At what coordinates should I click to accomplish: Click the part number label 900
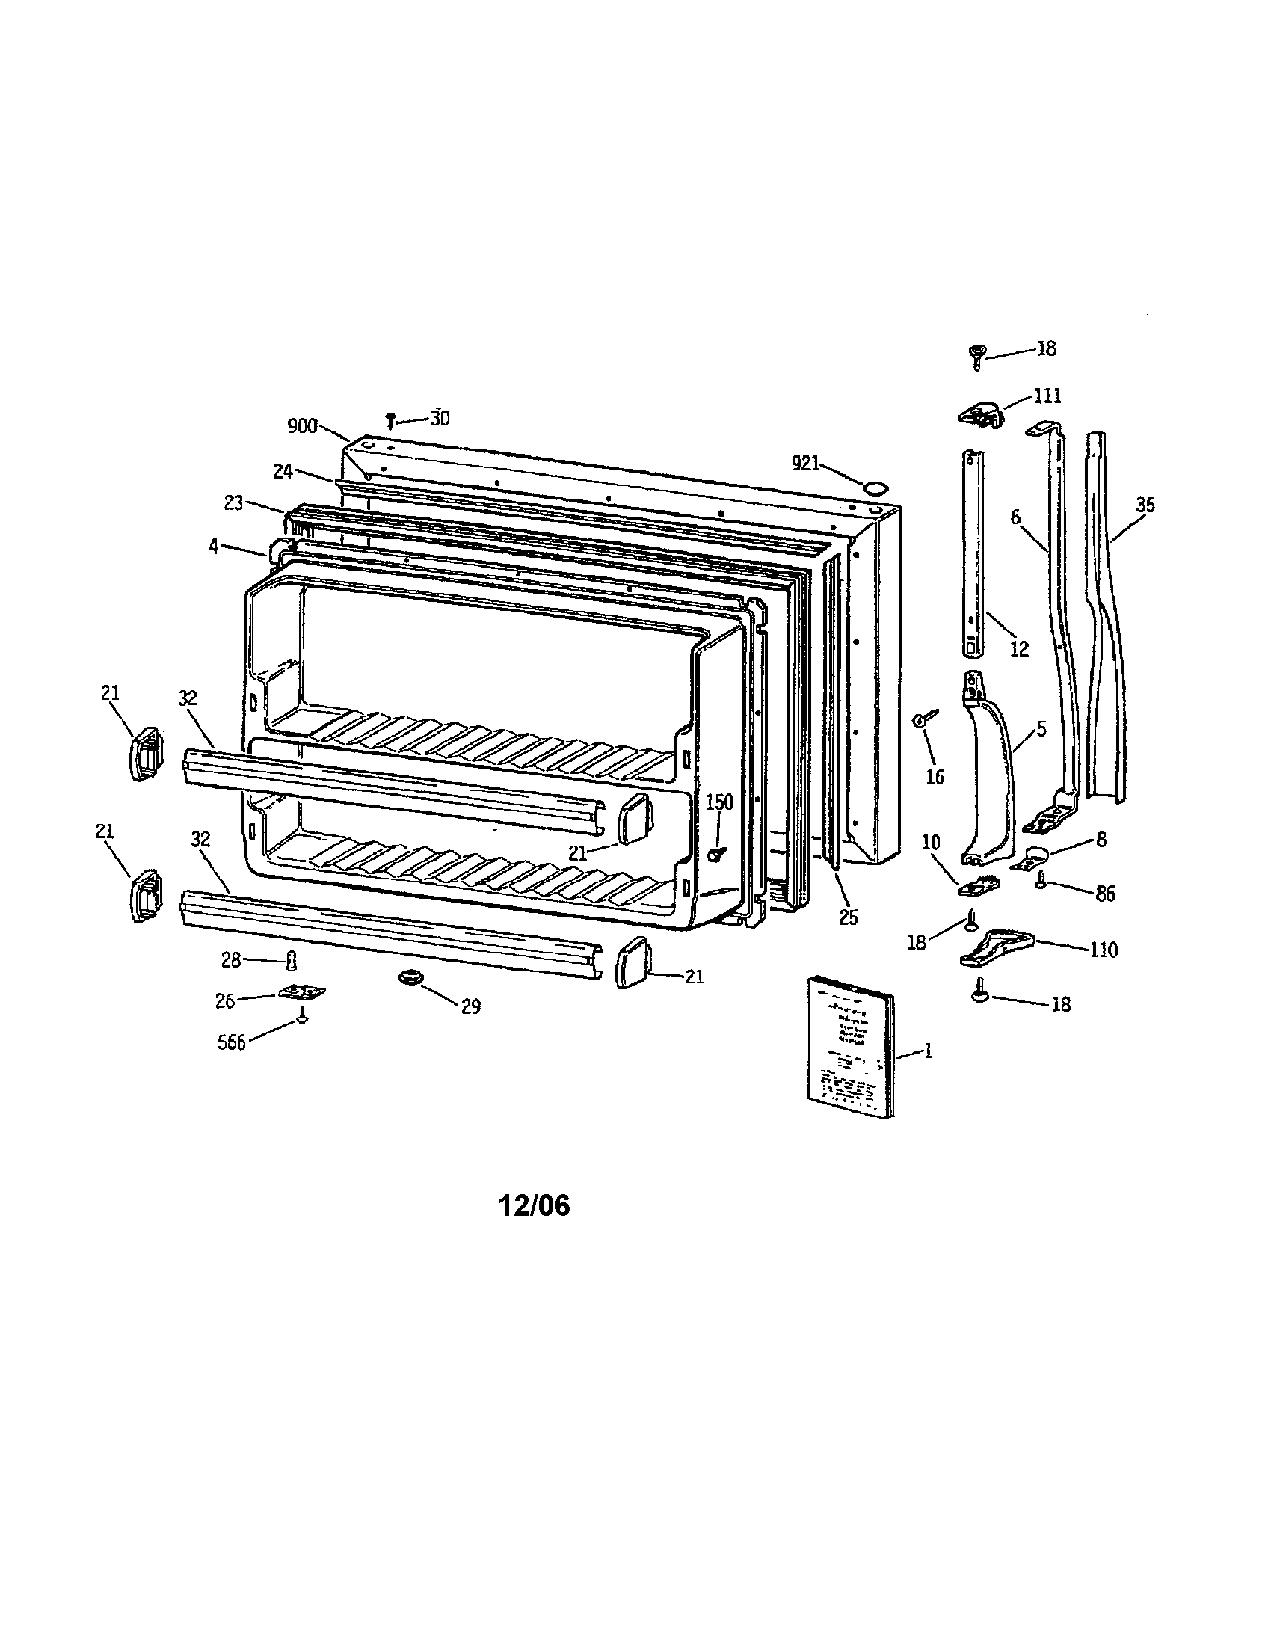tap(302, 426)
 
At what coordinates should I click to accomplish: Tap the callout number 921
tap(805, 464)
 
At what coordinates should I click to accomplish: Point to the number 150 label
tap(719, 803)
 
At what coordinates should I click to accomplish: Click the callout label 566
tap(232, 1043)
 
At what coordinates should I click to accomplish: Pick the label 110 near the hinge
tap(1103, 950)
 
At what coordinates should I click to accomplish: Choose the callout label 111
tap(1047, 396)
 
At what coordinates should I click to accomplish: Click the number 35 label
tap(1145, 505)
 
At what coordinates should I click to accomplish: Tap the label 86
tap(1105, 894)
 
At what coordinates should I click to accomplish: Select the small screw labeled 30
tap(391, 420)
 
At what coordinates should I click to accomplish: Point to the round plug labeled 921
tap(873, 488)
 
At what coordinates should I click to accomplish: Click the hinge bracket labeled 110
tap(996, 947)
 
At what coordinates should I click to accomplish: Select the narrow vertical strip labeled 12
tap(973, 553)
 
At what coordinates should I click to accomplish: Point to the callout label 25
tap(848, 918)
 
